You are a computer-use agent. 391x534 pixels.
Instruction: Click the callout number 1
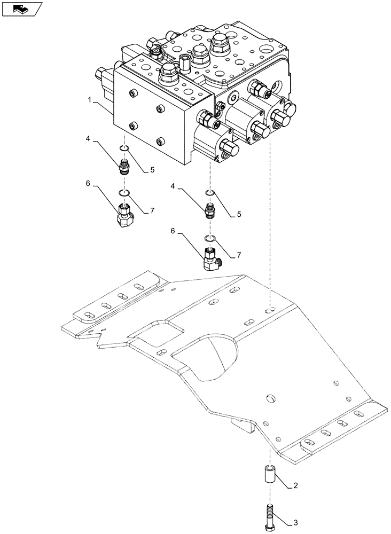(90, 99)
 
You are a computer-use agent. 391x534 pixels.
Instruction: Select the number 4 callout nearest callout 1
(87, 140)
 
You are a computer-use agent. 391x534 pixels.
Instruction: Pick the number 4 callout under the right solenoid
(173, 187)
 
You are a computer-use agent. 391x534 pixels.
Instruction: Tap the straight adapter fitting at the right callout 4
(210, 211)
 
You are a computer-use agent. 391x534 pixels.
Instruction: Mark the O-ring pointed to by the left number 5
(124, 148)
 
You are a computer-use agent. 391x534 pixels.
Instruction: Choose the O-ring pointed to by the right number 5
(210, 193)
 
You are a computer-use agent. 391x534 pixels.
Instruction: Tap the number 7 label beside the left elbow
(152, 211)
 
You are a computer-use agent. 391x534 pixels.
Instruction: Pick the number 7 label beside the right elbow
(238, 255)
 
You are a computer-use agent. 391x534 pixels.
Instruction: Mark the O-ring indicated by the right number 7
(210, 238)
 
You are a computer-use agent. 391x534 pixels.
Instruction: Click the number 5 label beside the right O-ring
(238, 215)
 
